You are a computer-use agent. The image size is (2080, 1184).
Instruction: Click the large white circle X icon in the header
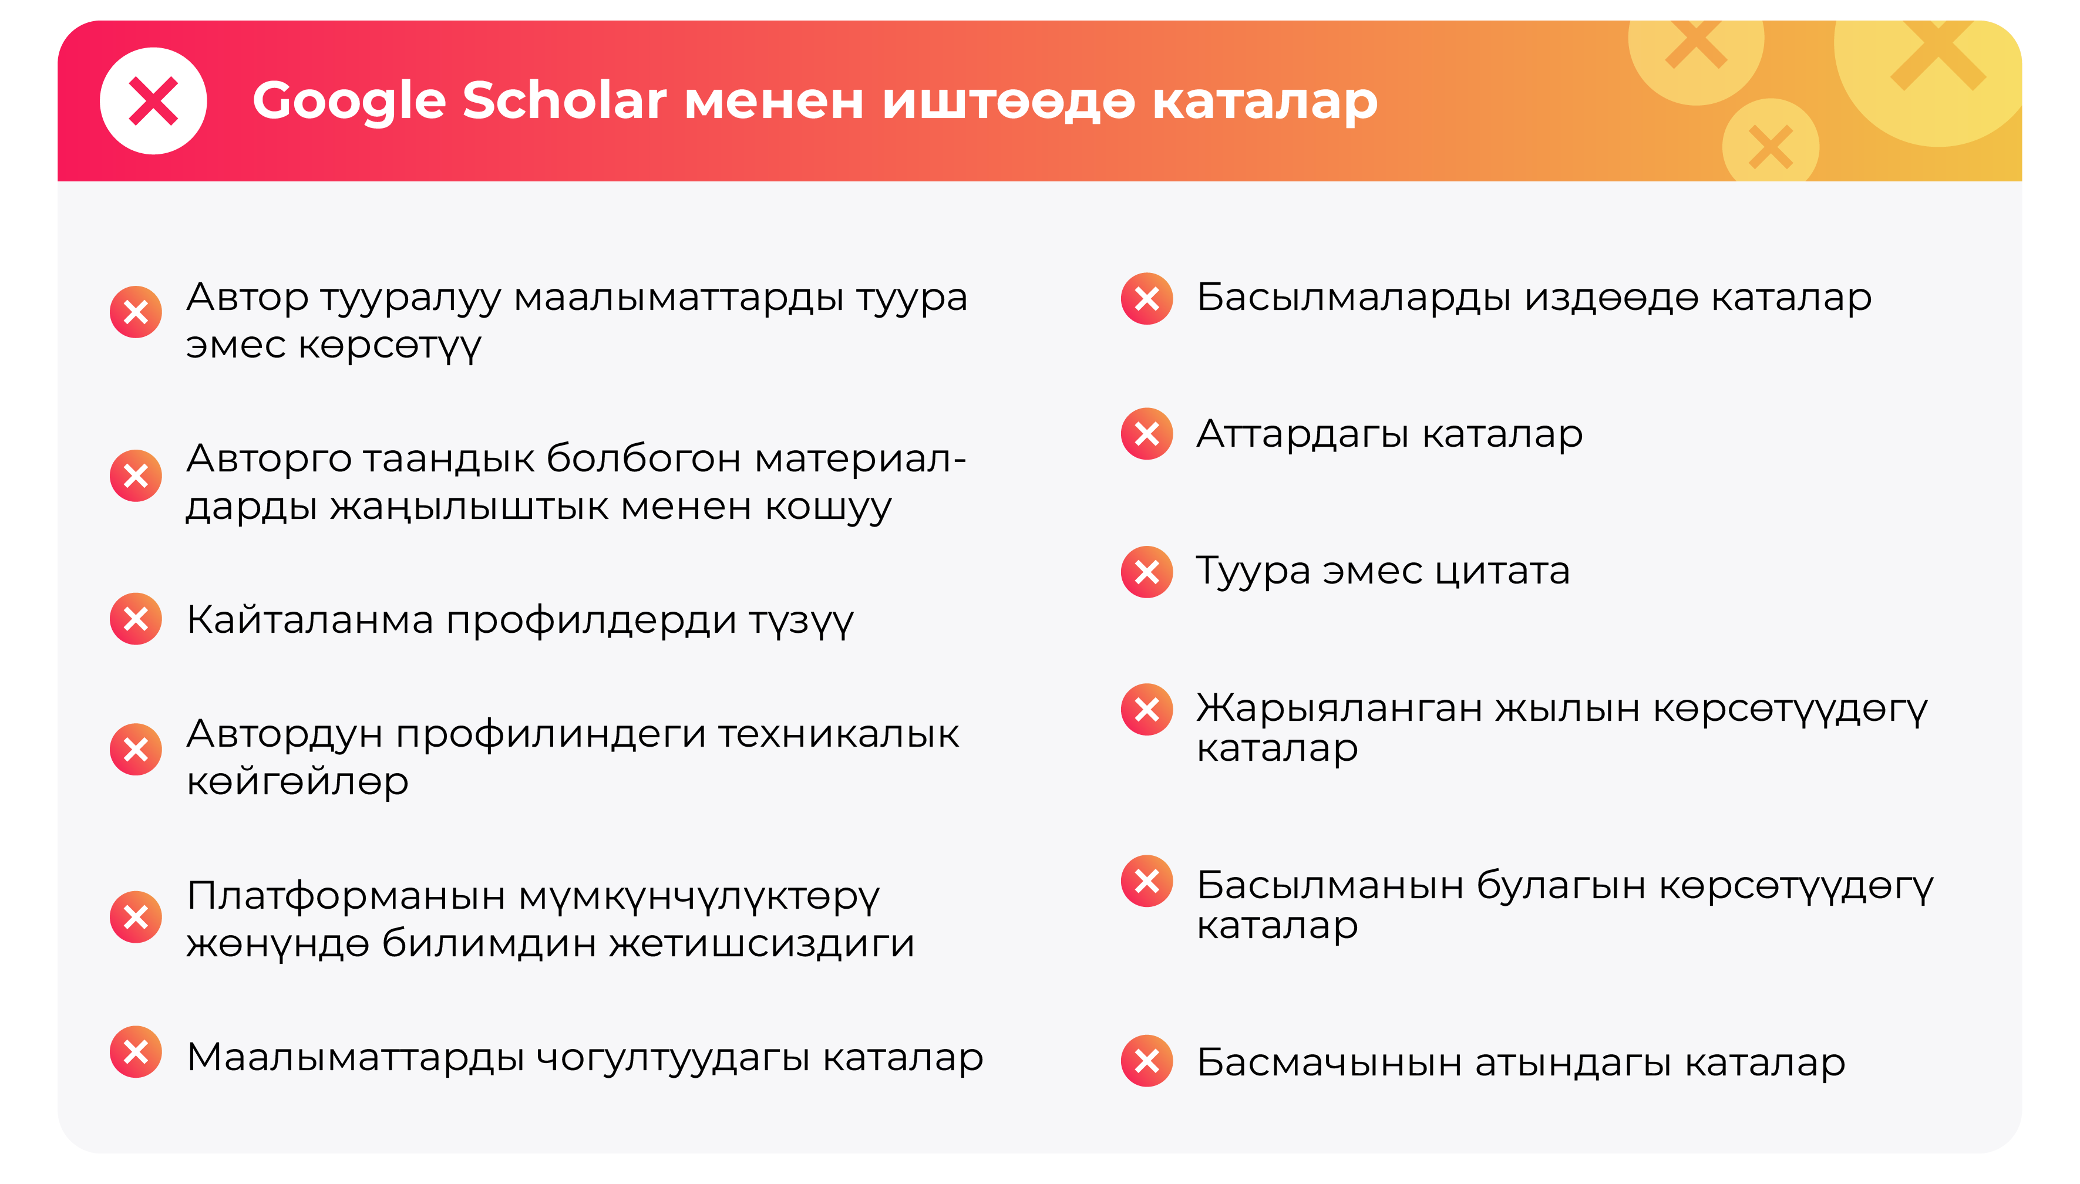coord(153,101)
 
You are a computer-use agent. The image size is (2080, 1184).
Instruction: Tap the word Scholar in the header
coord(564,101)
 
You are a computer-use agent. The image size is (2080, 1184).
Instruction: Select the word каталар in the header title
coord(1265,101)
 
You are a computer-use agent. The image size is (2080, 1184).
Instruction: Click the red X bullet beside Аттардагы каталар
coord(1146,433)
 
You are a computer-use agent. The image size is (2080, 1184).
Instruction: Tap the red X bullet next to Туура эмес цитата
coord(1146,572)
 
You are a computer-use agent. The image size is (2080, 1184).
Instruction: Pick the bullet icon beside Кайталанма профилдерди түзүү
coord(136,619)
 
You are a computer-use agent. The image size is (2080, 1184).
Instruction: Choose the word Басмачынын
coord(1329,1062)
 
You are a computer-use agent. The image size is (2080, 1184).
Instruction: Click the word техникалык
coord(838,734)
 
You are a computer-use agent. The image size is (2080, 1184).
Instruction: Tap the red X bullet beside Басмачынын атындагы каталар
coord(1146,1060)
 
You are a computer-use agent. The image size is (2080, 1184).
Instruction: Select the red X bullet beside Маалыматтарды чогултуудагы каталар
coord(136,1053)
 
